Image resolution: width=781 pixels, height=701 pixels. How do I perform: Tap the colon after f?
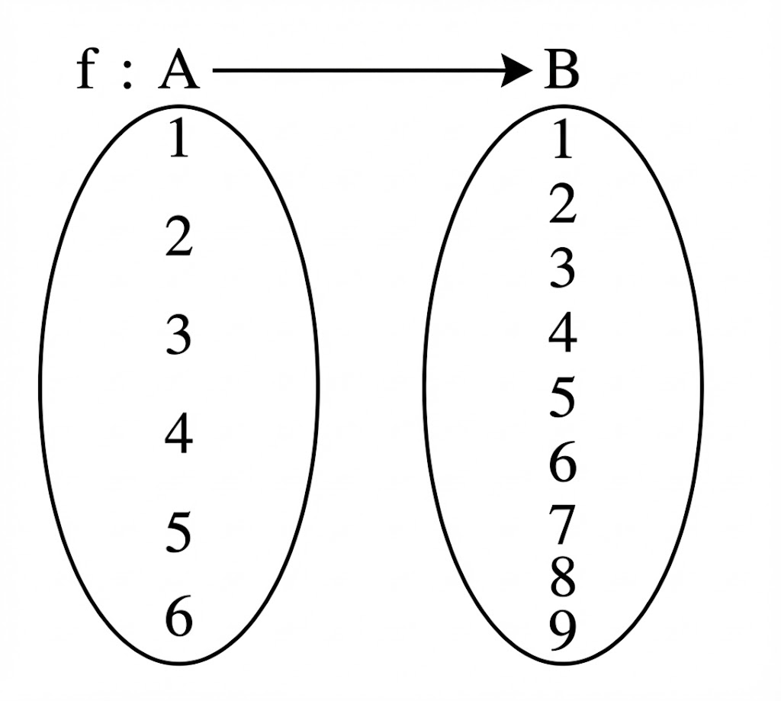127,76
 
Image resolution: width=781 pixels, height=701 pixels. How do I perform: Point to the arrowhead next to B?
519,72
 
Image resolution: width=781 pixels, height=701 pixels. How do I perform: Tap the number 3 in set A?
178,335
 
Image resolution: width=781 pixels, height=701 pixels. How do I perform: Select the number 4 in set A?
178,436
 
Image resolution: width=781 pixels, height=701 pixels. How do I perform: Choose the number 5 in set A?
178,533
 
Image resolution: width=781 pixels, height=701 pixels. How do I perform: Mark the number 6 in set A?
178,618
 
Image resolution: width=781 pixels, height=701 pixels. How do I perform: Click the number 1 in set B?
562,142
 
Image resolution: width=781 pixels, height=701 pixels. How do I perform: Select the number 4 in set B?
562,333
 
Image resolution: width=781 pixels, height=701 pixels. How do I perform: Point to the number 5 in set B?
562,398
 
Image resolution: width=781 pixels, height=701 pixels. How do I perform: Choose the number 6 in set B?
562,464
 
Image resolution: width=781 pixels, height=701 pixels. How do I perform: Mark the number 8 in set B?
562,577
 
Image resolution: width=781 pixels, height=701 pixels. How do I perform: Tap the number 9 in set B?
562,630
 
